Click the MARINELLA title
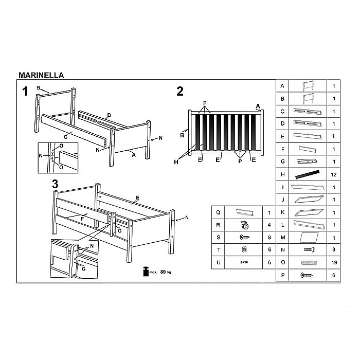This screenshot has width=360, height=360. tap(41, 75)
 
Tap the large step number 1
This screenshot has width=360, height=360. tap(25, 92)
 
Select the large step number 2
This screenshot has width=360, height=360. tap(180, 92)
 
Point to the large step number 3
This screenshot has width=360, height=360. tap(55, 184)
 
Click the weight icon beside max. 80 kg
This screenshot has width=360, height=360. tap(146, 272)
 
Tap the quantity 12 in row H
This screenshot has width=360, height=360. tap(334, 175)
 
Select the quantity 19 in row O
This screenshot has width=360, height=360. tap(334, 262)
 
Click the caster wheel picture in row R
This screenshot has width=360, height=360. tap(244, 225)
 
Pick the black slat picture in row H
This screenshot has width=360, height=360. tap(308, 174)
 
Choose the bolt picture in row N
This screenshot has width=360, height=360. tap(309, 249)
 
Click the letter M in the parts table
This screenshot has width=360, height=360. tap(283, 238)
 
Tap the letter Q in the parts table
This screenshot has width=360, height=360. tap(218, 212)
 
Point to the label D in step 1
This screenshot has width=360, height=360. tap(109, 115)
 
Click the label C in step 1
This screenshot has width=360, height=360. tap(65, 137)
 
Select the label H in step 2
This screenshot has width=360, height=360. tap(176, 162)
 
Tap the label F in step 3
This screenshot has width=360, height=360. tap(82, 219)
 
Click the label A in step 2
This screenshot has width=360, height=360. tap(258, 106)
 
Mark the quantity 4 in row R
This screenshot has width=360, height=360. tap(269, 225)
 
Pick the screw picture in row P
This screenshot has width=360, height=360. tap(307, 275)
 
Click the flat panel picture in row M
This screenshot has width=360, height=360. tap(309, 238)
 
